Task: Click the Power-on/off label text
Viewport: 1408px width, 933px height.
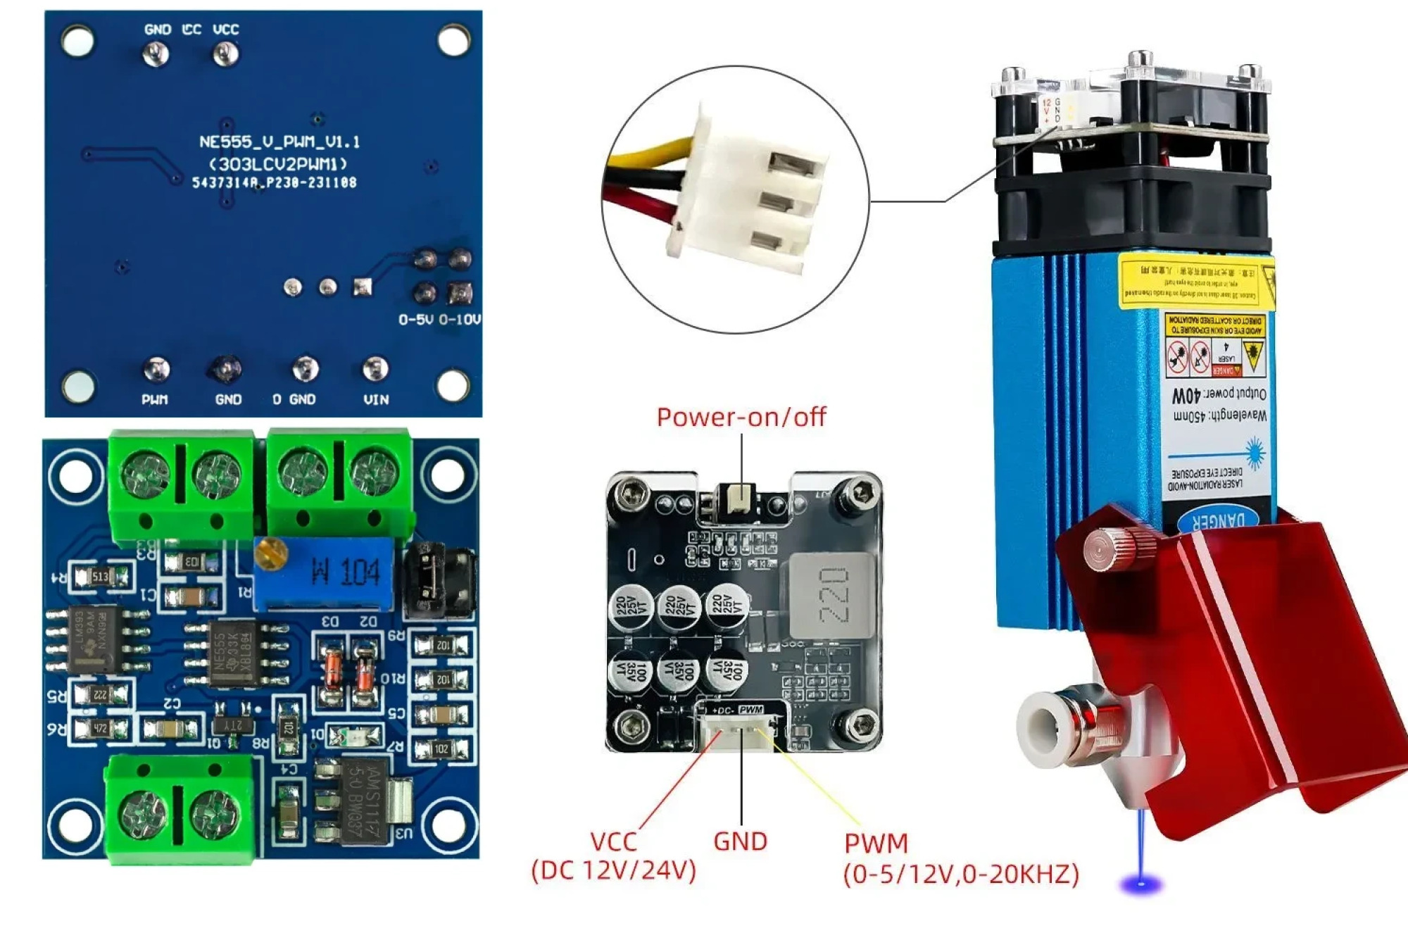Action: point(741,417)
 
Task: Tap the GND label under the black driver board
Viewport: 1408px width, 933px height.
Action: point(740,841)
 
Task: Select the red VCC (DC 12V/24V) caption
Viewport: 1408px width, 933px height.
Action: point(613,856)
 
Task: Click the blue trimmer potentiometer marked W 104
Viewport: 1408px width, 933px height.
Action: point(324,572)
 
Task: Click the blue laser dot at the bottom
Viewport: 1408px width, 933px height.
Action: point(1141,883)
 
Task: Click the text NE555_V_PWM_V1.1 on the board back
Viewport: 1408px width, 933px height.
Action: point(279,142)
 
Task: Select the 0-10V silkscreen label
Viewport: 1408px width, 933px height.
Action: point(459,320)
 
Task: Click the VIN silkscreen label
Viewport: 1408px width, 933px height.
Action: point(376,399)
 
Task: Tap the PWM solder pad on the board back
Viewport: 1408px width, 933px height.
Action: point(156,369)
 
